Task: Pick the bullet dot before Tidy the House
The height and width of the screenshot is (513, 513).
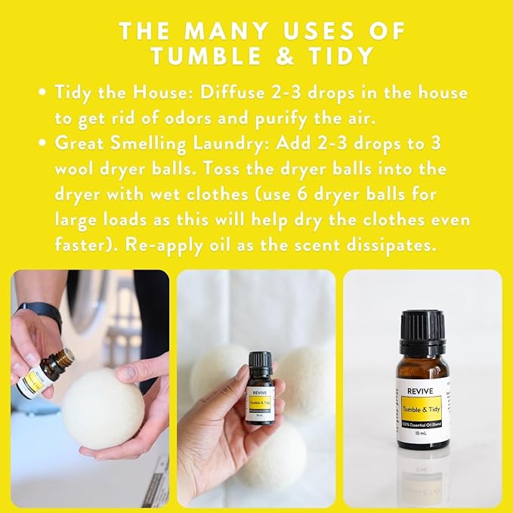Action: (43, 94)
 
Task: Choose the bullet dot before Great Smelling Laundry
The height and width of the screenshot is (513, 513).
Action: (43, 144)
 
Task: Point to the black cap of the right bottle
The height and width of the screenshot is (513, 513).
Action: (422, 332)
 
